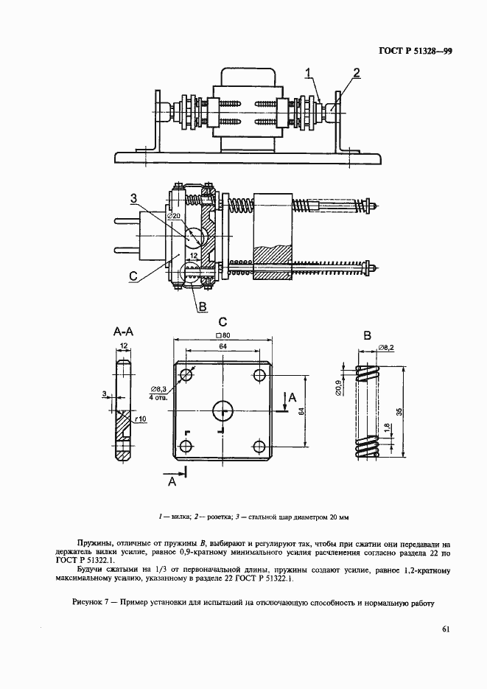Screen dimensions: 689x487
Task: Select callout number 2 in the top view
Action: [357, 71]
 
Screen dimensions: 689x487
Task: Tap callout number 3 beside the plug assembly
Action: [134, 197]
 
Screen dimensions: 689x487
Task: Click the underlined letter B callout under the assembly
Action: [201, 306]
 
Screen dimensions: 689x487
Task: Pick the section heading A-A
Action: [123, 332]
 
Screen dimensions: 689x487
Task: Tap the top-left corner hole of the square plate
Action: [185, 375]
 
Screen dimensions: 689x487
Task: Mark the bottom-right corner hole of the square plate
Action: [259, 446]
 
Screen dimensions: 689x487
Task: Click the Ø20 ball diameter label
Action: [174, 216]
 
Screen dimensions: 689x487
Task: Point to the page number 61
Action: [446, 629]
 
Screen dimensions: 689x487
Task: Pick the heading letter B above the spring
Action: [367, 335]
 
